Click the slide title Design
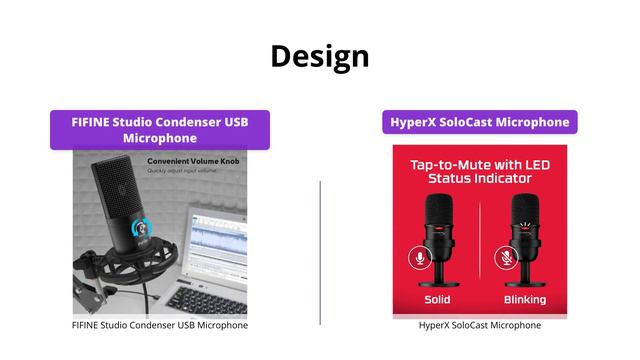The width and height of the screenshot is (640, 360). click(x=319, y=56)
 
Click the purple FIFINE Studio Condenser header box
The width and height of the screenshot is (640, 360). click(x=160, y=130)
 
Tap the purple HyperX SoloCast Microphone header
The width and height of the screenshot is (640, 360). click(x=479, y=122)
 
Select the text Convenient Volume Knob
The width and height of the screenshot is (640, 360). click(x=193, y=160)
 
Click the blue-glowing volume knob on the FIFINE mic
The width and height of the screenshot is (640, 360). click(x=142, y=227)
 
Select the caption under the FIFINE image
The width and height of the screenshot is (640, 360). click(x=160, y=325)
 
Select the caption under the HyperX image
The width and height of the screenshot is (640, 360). click(x=479, y=325)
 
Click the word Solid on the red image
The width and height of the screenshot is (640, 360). click(x=437, y=299)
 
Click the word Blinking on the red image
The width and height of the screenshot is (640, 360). click(x=525, y=299)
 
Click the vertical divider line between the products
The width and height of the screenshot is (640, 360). click(x=320, y=250)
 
